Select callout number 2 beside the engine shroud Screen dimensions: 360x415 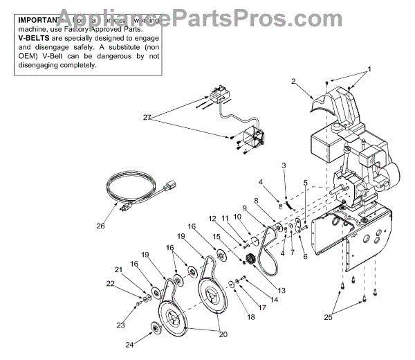(x=294, y=82)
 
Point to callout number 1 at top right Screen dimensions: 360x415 (x=369, y=69)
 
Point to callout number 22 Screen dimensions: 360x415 (x=111, y=283)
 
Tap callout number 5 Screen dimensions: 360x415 (x=305, y=183)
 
